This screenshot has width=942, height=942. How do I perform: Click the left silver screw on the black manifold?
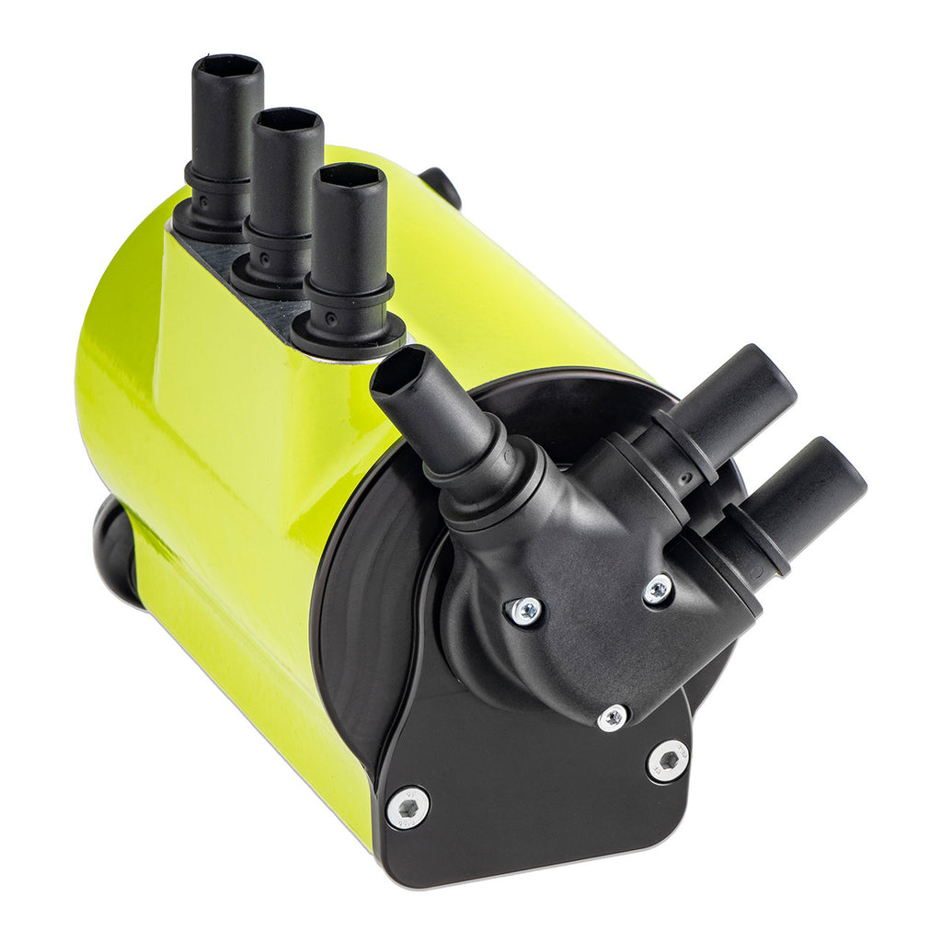526,611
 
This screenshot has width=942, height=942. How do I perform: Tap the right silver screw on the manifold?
658,590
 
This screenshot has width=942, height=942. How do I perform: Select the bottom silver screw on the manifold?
613,718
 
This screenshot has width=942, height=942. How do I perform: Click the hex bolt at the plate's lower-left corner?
408,808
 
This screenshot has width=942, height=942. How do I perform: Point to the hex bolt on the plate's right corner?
669,761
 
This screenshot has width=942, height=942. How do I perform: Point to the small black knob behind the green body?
442,185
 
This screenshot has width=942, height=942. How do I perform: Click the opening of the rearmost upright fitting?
227,67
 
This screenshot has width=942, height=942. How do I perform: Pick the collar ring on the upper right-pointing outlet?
686,447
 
